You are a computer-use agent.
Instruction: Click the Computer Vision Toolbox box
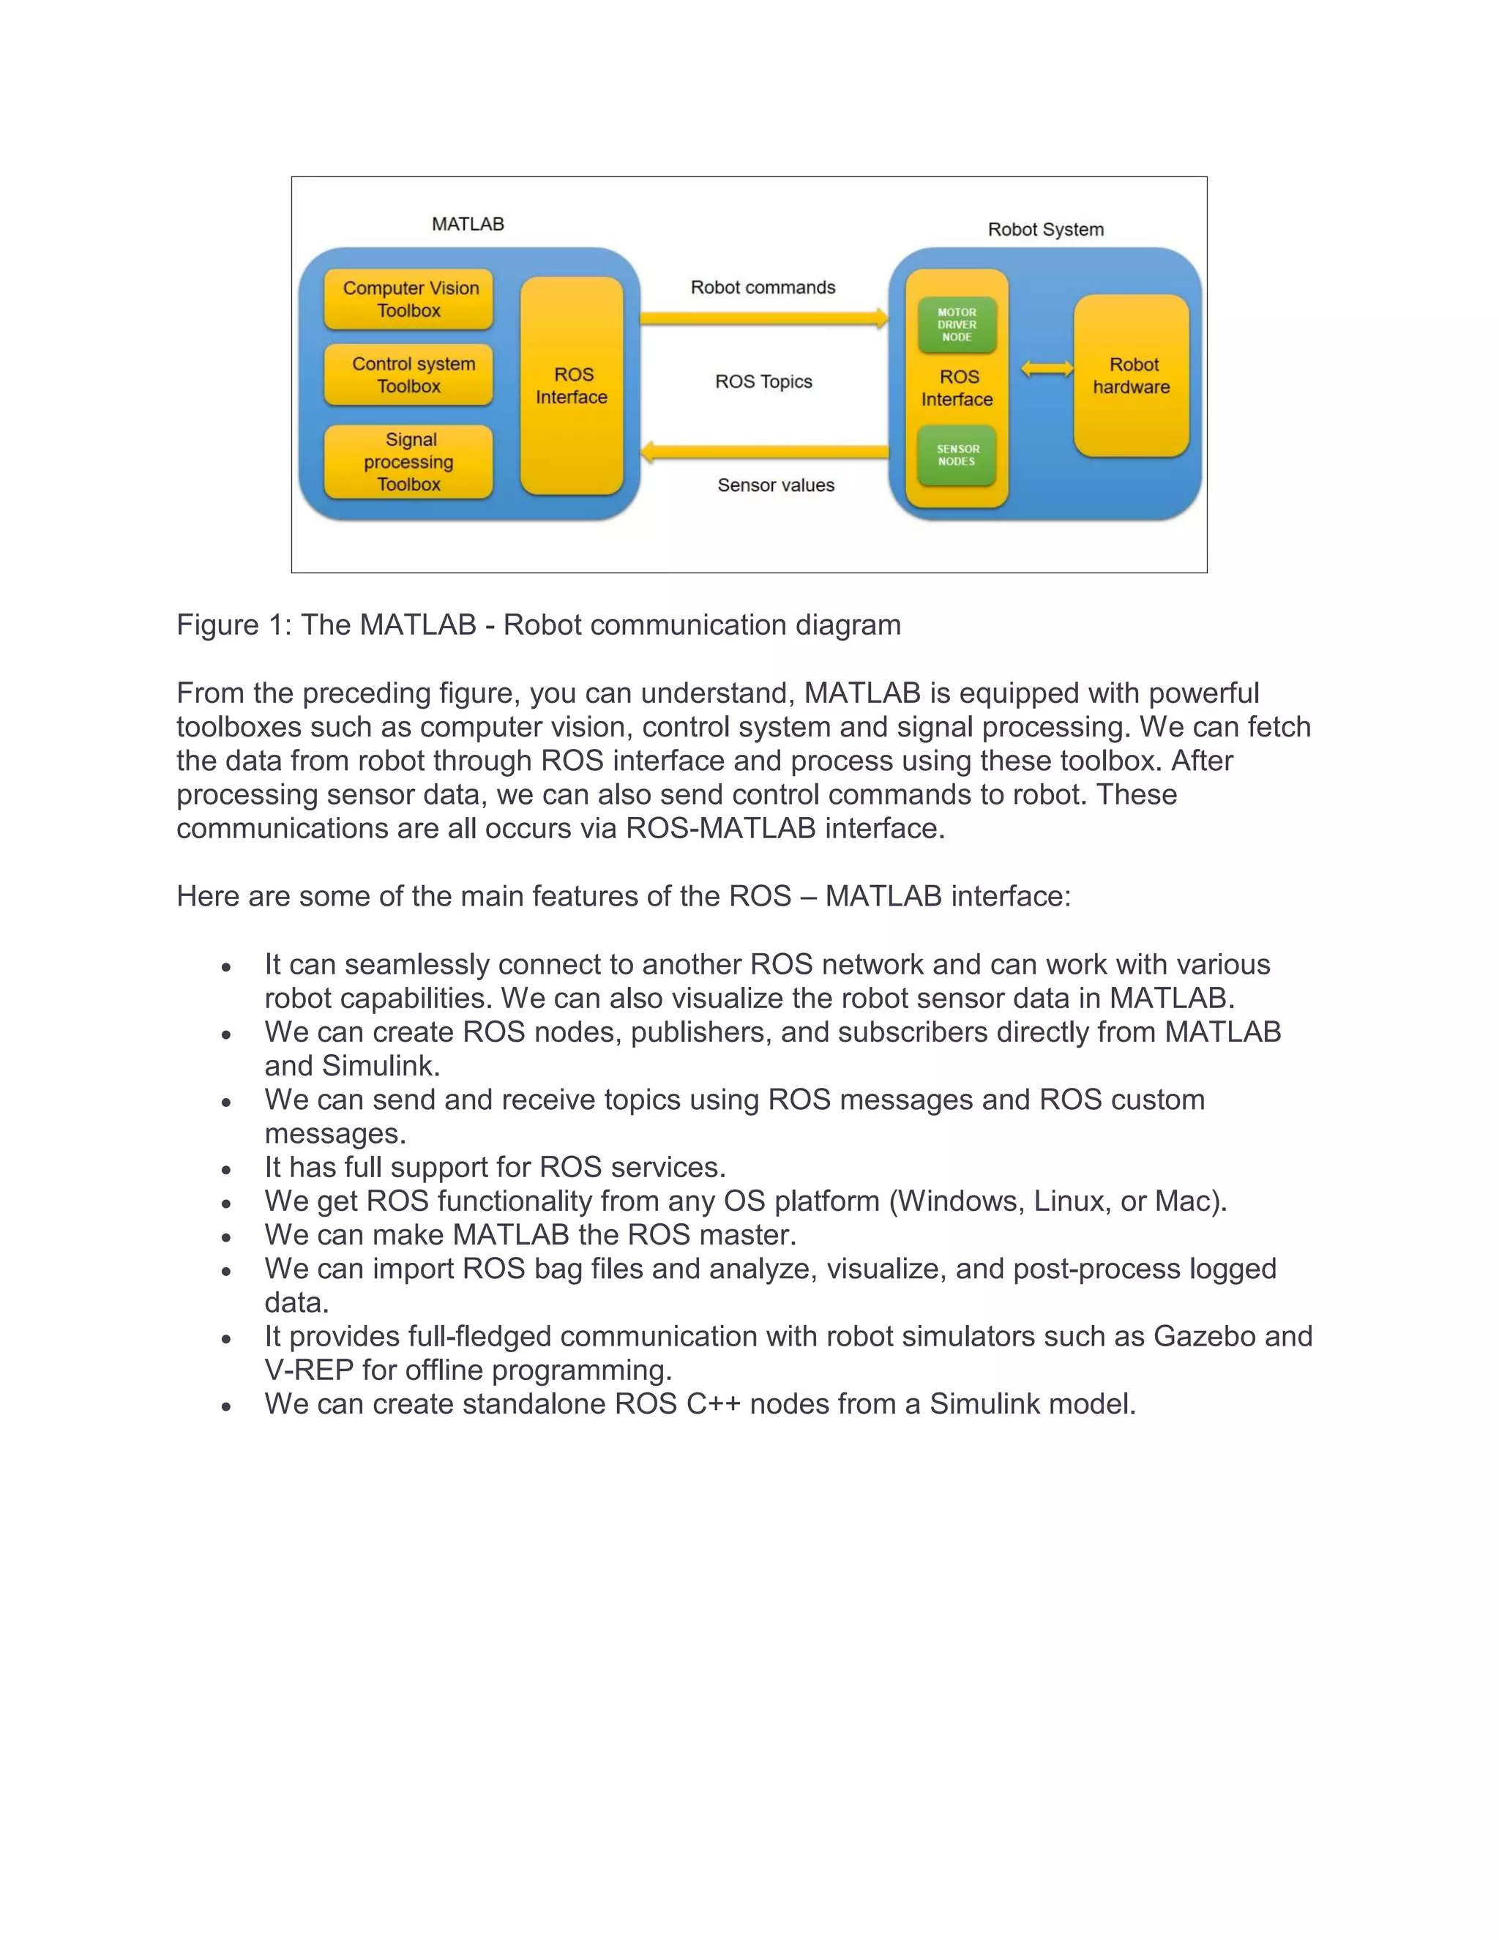[408, 299]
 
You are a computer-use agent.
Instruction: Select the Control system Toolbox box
[408, 375]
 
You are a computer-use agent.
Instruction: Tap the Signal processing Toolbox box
[408, 462]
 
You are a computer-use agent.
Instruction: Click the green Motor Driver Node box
[957, 325]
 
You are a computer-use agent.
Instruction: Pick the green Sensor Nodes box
[957, 455]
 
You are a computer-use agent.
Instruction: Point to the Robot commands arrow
[763, 318]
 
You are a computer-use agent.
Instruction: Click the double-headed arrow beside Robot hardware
[1047, 369]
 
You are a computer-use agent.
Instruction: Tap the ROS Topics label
[763, 382]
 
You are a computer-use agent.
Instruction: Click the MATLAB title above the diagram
[468, 224]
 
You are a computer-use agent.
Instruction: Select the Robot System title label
[1046, 230]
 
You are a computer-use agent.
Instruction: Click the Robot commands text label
[763, 288]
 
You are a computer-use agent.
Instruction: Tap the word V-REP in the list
[309, 1370]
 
